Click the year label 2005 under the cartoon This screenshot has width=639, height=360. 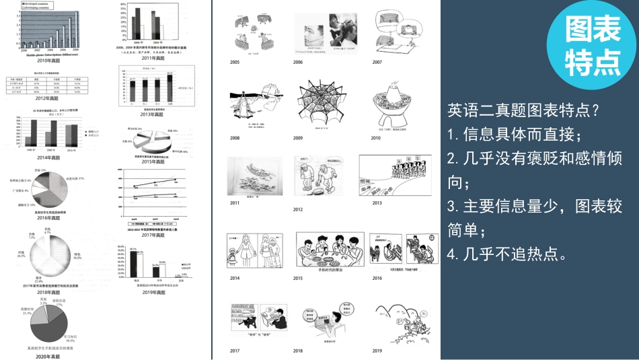234,62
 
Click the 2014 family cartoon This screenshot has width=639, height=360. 248,252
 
